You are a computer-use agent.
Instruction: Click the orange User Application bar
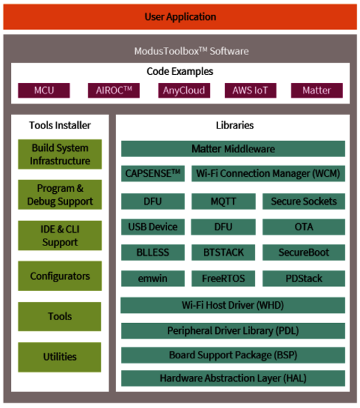(180, 16)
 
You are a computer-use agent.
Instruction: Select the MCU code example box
(44, 90)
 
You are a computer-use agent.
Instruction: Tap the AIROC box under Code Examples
(113, 90)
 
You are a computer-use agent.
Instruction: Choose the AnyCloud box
(184, 90)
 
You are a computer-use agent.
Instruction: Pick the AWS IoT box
(251, 90)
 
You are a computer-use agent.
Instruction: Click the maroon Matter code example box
(317, 90)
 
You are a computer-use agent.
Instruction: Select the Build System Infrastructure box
(60, 154)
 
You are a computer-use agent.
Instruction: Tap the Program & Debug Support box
(60, 194)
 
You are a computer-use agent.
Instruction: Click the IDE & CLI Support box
(60, 235)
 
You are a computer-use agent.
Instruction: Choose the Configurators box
(60, 276)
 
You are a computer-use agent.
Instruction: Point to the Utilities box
(60, 357)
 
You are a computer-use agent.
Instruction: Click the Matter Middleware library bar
(233, 149)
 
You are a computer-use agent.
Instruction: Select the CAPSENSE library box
(153, 173)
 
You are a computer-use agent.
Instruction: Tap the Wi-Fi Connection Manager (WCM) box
(268, 173)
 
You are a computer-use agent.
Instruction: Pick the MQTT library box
(223, 201)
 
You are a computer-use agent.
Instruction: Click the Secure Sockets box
(304, 201)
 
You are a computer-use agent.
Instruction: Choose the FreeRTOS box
(223, 278)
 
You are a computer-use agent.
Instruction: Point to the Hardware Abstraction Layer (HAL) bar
(233, 378)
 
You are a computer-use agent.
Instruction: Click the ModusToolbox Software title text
(192, 51)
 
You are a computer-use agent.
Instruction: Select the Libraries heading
(235, 125)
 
